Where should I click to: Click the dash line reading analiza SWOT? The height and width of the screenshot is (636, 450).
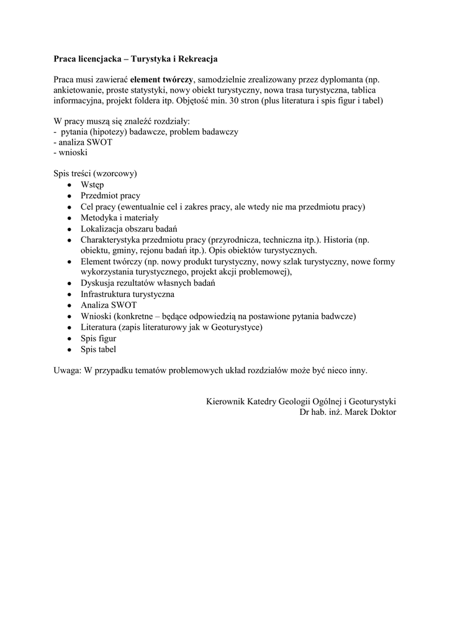(79, 142)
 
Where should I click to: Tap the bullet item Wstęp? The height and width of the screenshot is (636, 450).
(92, 184)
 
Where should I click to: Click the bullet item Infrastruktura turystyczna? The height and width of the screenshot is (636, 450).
(127, 294)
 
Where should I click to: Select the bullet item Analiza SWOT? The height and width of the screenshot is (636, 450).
(109, 305)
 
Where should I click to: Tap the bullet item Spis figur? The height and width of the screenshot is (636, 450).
(98, 338)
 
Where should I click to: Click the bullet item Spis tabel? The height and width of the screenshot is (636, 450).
(98, 350)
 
